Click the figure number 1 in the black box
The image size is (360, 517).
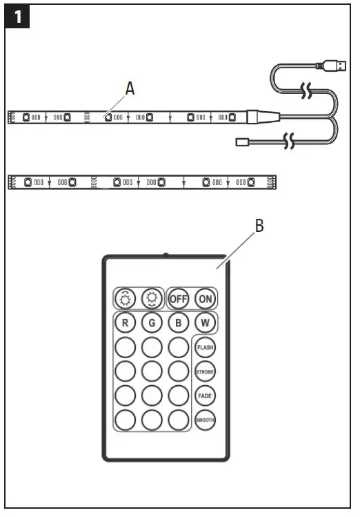(17, 17)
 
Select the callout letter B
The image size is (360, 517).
(259, 226)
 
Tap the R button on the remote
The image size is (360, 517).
(126, 322)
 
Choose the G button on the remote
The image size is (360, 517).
(152, 322)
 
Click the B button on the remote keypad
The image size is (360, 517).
(178, 322)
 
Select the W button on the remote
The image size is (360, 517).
(205, 322)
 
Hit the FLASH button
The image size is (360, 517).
(205, 347)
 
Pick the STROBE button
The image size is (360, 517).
(205, 372)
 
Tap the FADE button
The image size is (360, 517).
(205, 396)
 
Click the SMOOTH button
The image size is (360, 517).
(205, 420)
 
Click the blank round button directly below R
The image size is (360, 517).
(126, 347)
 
